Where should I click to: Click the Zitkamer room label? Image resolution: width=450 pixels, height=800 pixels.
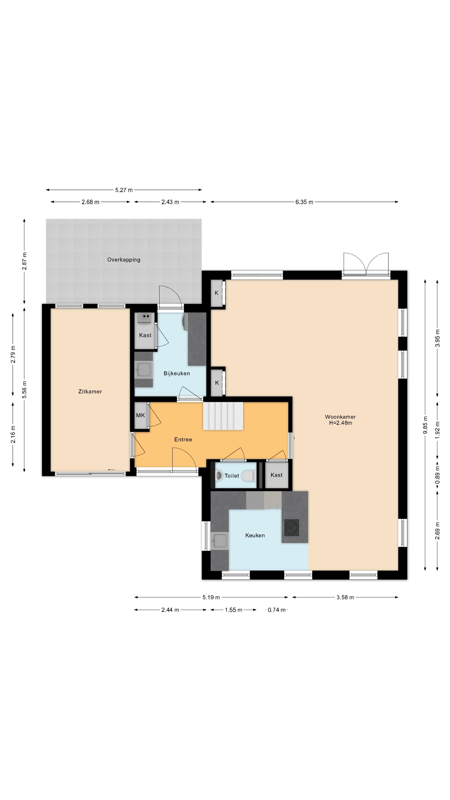click(x=90, y=392)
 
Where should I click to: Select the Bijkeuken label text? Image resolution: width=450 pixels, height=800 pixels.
click(x=177, y=374)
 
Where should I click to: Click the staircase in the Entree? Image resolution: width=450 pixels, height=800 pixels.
click(x=223, y=416)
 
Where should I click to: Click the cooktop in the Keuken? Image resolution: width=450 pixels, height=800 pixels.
click(x=292, y=528)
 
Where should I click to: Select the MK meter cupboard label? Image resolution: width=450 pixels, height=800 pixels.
click(x=140, y=415)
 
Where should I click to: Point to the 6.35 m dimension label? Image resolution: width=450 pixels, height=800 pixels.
click(x=304, y=202)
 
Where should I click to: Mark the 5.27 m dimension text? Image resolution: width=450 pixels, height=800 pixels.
click(x=124, y=190)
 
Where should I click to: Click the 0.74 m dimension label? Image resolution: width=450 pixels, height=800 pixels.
click(x=277, y=610)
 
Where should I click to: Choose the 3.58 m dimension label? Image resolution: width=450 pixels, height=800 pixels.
click(x=345, y=597)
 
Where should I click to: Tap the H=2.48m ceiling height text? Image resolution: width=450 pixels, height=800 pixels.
click(x=341, y=423)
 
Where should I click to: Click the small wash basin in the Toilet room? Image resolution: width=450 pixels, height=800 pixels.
click(x=219, y=475)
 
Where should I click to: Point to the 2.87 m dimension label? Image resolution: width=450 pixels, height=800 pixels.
click(x=25, y=261)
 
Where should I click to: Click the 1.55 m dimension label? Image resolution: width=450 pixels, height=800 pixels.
click(x=234, y=610)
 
